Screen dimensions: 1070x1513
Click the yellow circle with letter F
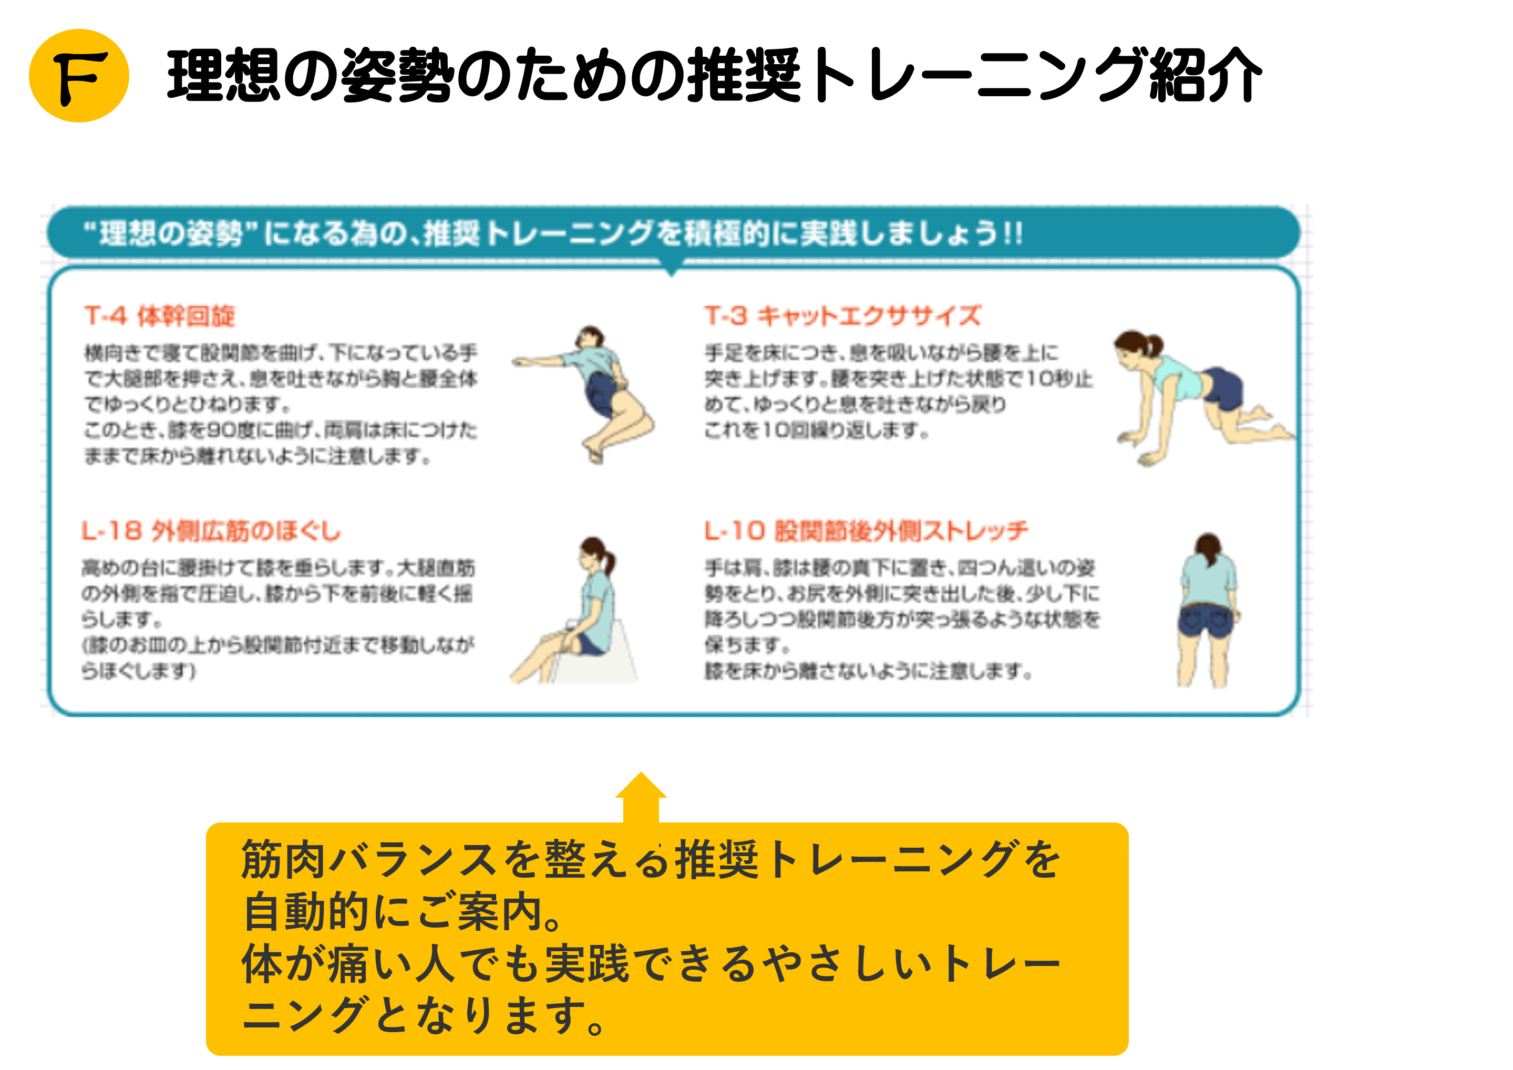79,76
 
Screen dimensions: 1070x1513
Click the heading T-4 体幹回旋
159,316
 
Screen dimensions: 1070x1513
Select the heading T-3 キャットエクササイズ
842,316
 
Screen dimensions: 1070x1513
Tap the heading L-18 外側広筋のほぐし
211,531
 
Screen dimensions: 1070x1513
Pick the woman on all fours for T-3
1193,395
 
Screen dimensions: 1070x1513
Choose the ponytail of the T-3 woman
1155,343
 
